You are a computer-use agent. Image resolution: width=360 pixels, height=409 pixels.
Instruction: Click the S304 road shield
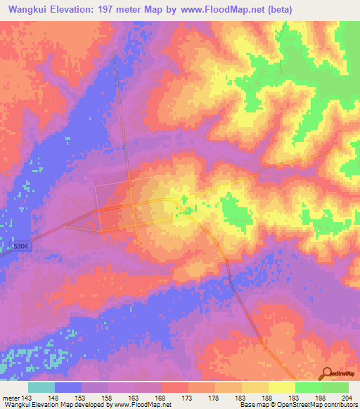pyautogui.click(x=20, y=247)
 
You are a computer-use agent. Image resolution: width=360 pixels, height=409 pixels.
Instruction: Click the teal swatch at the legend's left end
pyautogui.click(x=41, y=387)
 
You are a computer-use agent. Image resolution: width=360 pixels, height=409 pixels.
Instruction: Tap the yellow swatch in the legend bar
pyautogui.click(x=281, y=387)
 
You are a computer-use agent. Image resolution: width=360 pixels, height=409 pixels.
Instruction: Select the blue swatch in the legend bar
pyautogui.click(x=68, y=387)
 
